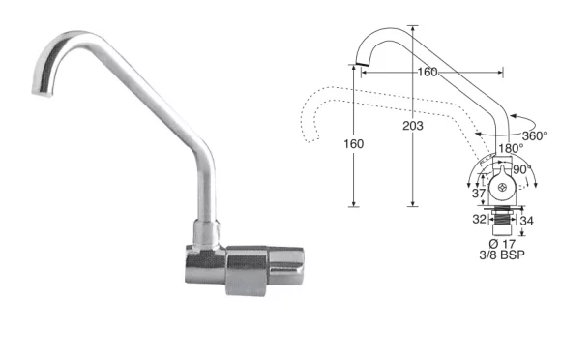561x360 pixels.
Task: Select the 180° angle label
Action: pos(511,150)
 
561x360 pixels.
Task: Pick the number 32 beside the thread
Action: pos(479,220)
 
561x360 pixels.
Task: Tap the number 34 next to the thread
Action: pos(527,220)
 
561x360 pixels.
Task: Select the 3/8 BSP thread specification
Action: pos(504,256)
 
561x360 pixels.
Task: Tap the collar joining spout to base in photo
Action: pos(207,230)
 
